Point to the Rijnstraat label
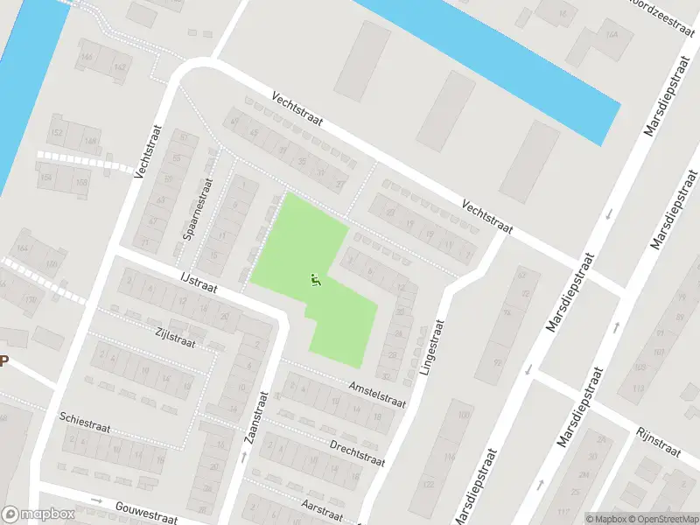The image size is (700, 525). (x=659, y=442)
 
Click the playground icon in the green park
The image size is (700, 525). (x=316, y=280)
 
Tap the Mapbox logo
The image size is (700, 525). (x=37, y=514)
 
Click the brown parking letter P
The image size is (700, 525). (x=3, y=361)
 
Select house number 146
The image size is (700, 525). (x=86, y=57)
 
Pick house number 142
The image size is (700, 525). (x=119, y=67)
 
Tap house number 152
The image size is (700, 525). (x=57, y=133)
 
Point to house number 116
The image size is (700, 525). (x=450, y=458)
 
